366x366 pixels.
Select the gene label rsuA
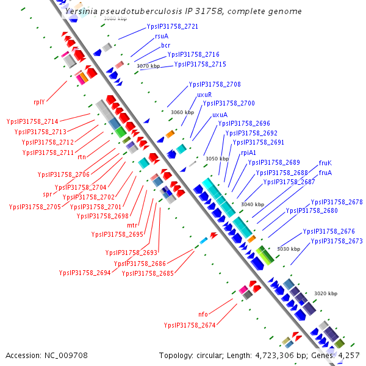161,36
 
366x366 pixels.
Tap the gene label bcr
165,45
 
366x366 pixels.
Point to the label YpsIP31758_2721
172,27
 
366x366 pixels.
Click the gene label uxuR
204,95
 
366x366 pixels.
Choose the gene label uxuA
220,115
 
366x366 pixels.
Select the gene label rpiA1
248,152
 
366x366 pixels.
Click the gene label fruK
325,163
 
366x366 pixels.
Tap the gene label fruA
325,173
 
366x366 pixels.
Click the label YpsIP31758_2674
189,325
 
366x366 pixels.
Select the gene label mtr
132,225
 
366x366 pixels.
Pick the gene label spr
47,194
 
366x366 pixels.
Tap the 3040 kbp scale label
253,204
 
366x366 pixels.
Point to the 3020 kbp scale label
325,293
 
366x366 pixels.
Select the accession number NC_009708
67,355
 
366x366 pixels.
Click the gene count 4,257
349,355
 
